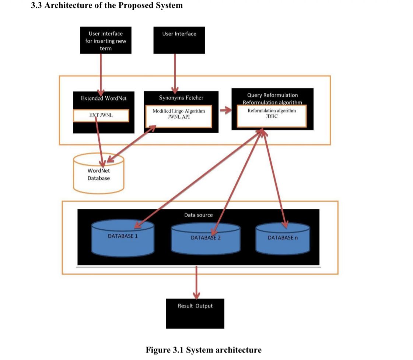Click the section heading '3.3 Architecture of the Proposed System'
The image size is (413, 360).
pos(107,6)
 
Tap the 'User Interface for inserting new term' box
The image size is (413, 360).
pos(106,40)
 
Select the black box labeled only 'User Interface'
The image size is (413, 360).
pos(179,40)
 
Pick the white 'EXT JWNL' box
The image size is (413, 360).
pos(101,115)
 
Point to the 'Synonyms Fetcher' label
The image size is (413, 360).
pos(181,98)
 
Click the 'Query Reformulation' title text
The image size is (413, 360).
pos(272,95)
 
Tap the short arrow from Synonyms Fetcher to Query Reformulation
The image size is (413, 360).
pos(225,109)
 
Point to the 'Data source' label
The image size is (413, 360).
pos(198,215)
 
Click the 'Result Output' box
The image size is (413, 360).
pos(195,313)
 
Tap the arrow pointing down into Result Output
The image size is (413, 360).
pos(196,282)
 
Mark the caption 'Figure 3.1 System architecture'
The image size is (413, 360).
pos(203,350)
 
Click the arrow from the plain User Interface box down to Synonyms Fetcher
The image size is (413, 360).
pos(174,72)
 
